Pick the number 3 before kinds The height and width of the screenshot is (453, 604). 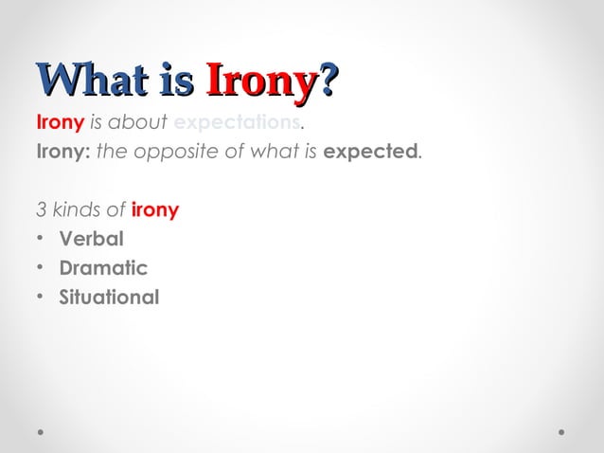click(x=41, y=209)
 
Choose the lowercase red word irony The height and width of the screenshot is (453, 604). click(x=155, y=209)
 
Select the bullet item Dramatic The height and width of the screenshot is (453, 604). click(x=103, y=268)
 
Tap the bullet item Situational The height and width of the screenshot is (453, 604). click(x=109, y=298)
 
